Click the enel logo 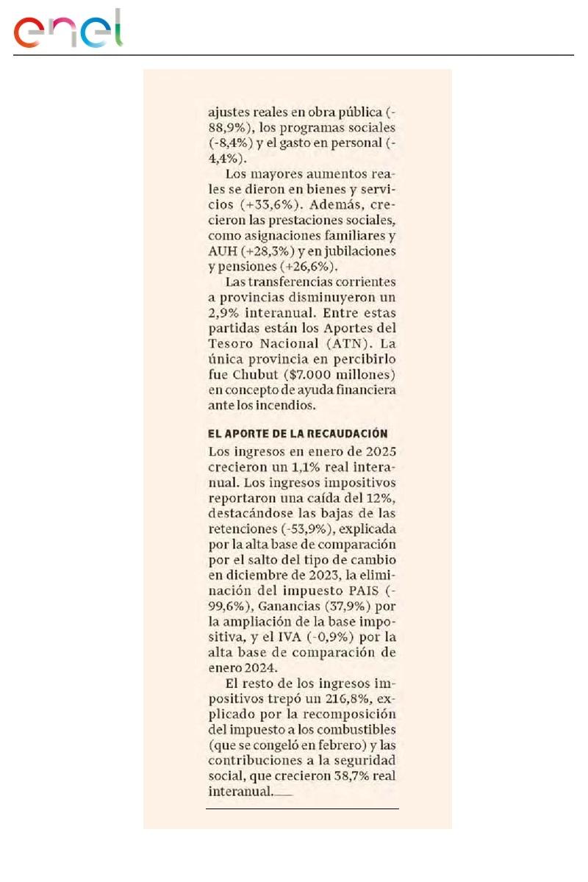tap(68, 29)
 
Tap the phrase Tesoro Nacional tap(252, 343)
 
